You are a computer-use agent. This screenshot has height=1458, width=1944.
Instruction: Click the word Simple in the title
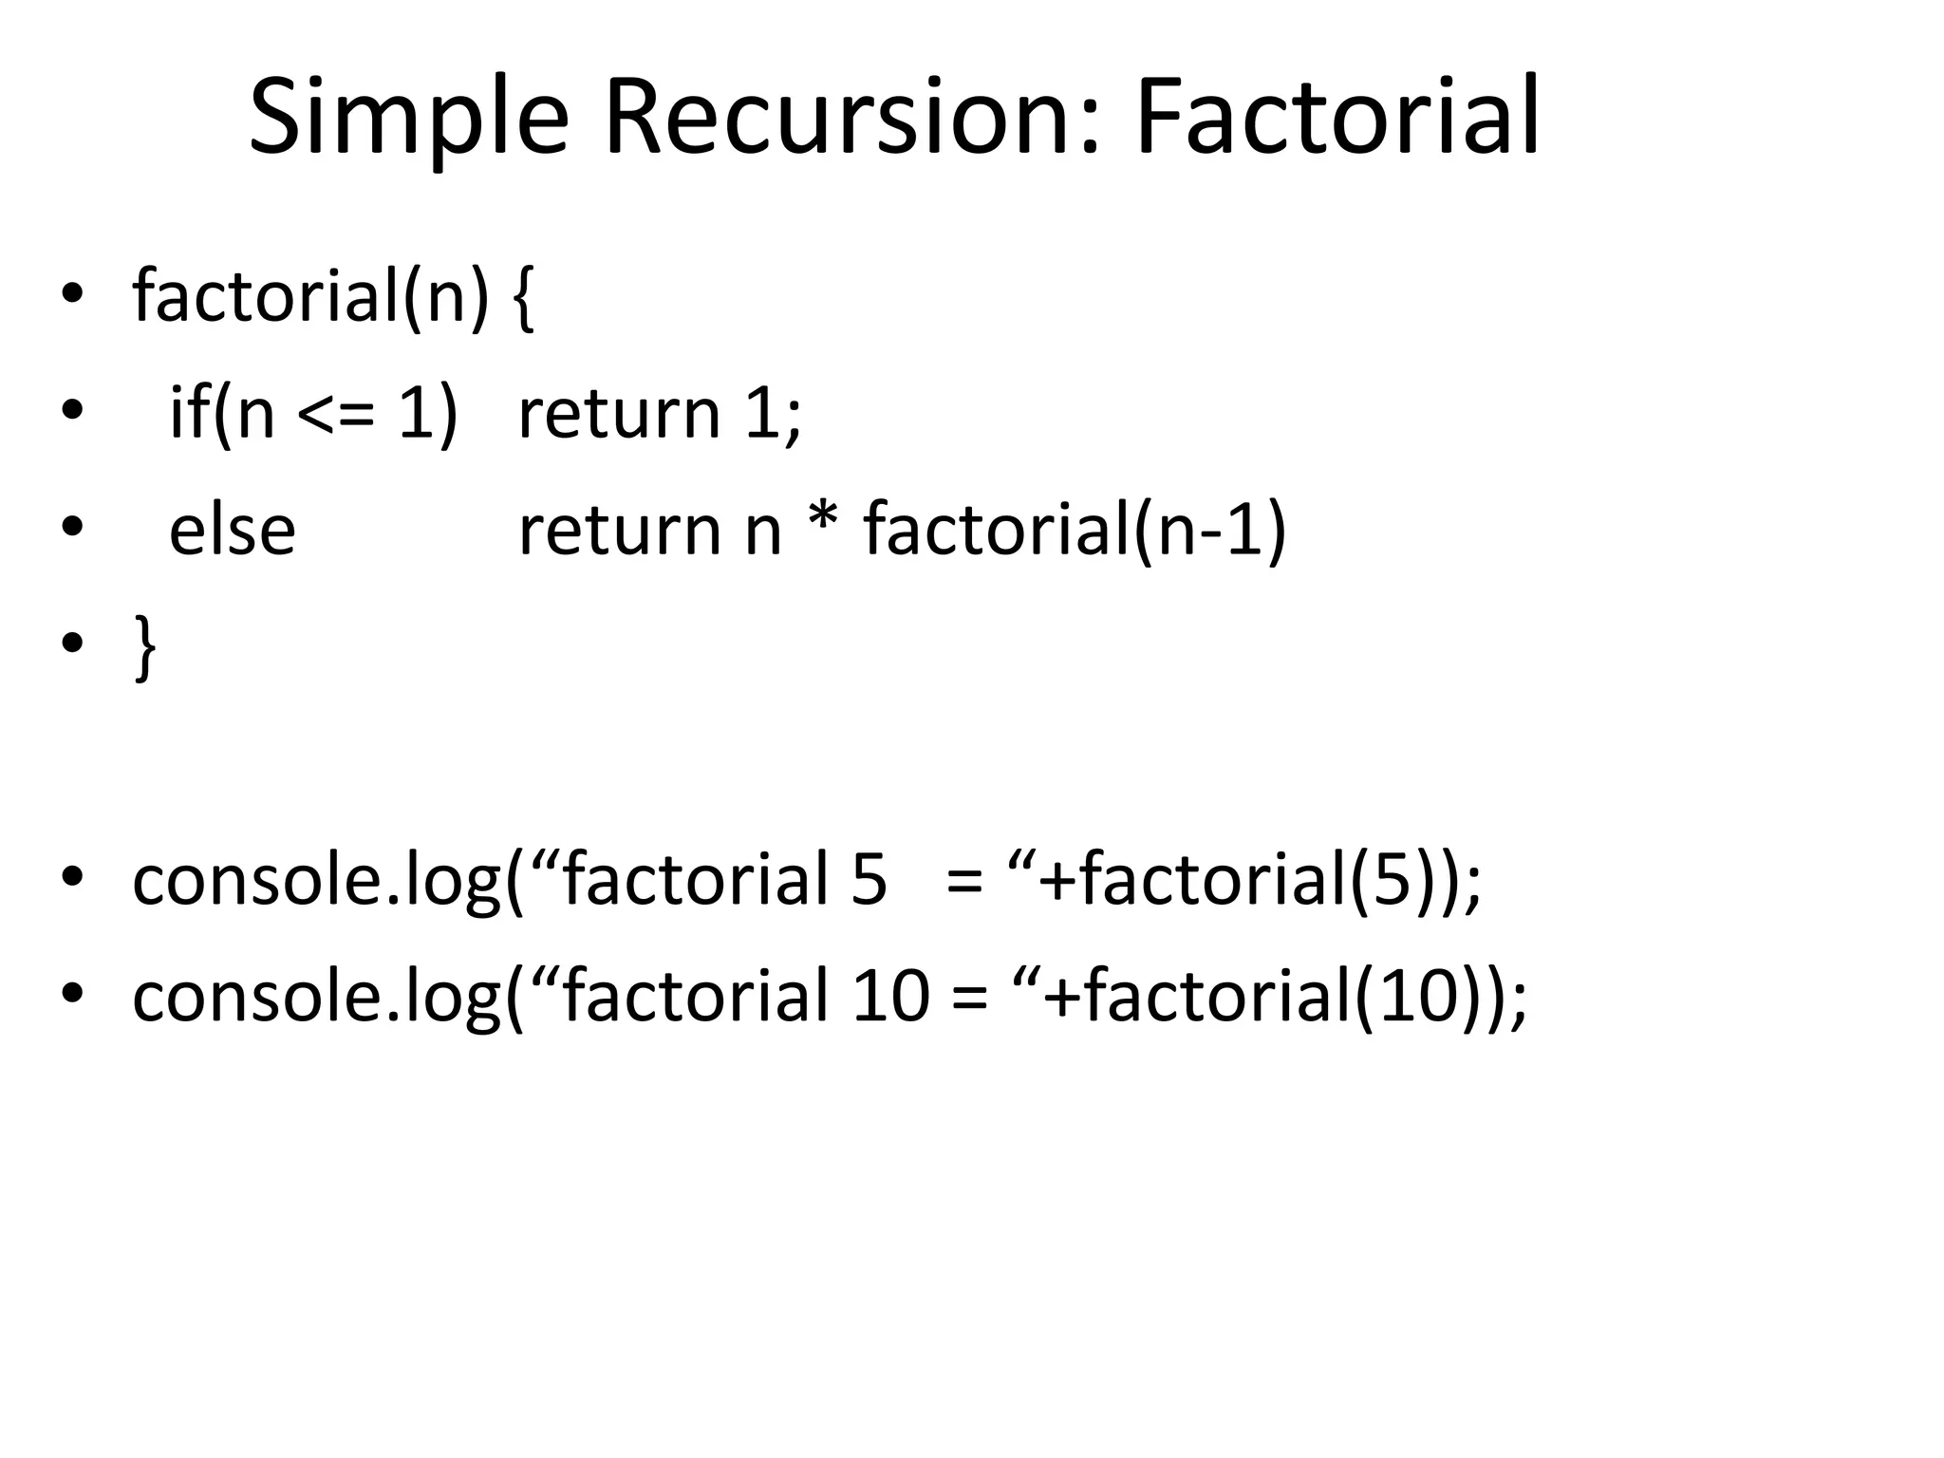(x=408, y=118)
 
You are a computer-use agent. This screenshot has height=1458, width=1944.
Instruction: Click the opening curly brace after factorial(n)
(x=523, y=297)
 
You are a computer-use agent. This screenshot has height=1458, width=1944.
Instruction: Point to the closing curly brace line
(x=144, y=646)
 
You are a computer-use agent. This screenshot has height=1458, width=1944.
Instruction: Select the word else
(x=232, y=531)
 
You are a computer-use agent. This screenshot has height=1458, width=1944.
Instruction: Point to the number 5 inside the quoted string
(x=869, y=880)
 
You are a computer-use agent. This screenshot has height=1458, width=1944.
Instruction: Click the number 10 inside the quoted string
(x=890, y=996)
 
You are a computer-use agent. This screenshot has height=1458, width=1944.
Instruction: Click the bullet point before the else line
(x=71, y=527)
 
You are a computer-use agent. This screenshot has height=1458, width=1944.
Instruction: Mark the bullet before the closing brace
(x=71, y=644)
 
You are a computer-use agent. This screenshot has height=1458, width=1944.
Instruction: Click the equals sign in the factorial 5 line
(x=964, y=882)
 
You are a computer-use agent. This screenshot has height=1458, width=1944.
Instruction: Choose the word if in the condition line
(x=189, y=414)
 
